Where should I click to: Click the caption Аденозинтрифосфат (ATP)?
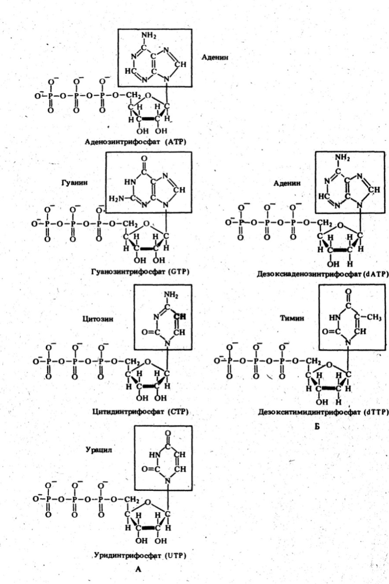[135, 142]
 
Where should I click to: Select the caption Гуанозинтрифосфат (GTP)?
[140, 272]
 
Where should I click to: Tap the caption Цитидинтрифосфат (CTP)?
[141, 412]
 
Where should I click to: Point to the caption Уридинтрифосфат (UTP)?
[140, 555]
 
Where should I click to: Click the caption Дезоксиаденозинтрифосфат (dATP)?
[322, 274]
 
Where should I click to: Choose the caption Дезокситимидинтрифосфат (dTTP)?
[323, 412]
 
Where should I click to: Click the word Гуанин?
[74, 182]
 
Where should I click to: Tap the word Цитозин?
[98, 319]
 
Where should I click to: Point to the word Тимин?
[292, 318]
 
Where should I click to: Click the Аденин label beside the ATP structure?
[215, 57]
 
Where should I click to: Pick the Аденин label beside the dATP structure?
[287, 183]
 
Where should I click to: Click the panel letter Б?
[317, 427]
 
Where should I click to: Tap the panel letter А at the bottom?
[138, 569]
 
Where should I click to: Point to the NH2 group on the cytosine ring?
[171, 295]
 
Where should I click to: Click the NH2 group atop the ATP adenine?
[148, 36]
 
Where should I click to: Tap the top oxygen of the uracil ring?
[168, 434]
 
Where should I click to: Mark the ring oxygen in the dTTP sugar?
[330, 365]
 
